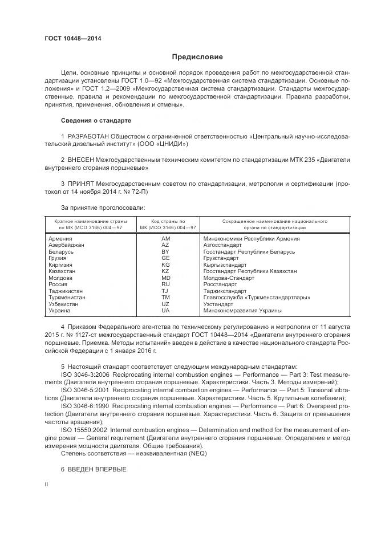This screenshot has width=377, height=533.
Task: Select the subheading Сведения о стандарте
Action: pos(96,121)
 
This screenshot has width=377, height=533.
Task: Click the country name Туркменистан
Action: pos(67,298)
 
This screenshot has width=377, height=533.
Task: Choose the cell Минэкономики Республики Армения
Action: pos(247,238)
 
